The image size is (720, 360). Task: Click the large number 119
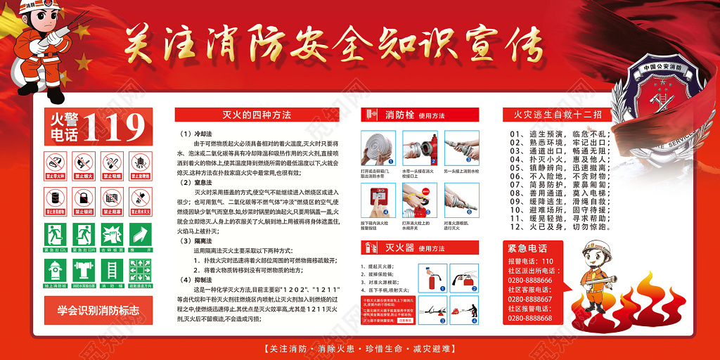point(112,127)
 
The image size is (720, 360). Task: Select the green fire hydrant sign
point(56,270)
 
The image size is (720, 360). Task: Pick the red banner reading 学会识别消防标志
point(98,309)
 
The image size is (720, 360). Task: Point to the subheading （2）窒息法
point(193,181)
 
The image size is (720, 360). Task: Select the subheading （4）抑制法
point(193,280)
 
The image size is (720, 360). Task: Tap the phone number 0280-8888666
point(529,280)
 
